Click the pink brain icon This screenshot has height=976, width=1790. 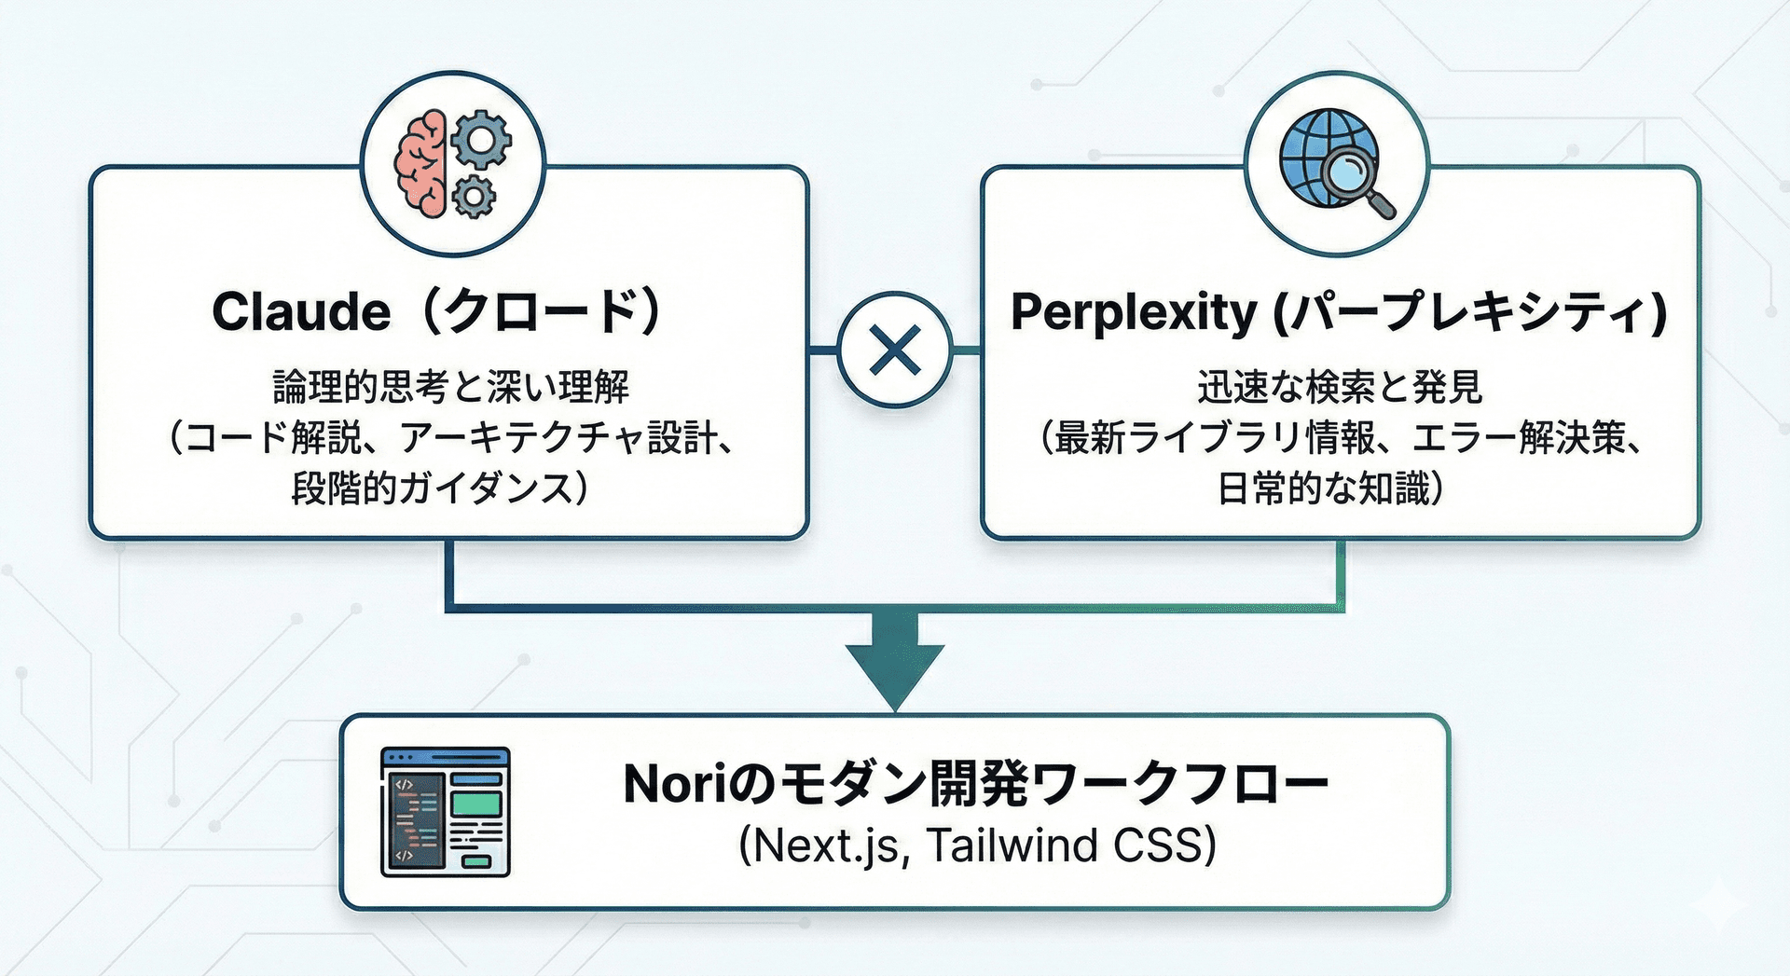click(x=422, y=163)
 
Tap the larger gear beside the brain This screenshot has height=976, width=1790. click(x=481, y=139)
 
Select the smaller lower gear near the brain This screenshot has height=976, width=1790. click(x=474, y=195)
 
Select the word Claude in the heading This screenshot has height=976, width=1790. click(x=301, y=311)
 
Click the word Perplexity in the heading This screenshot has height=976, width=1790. click(x=1134, y=313)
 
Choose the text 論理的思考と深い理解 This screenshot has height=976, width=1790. click(x=450, y=386)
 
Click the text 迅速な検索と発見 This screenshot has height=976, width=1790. click(x=1340, y=386)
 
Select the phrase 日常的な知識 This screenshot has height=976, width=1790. click(x=1323, y=488)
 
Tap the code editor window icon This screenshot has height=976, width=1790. click(x=446, y=812)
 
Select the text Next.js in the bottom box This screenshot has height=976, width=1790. click(x=826, y=846)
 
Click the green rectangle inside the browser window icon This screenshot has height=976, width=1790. click(x=476, y=804)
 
